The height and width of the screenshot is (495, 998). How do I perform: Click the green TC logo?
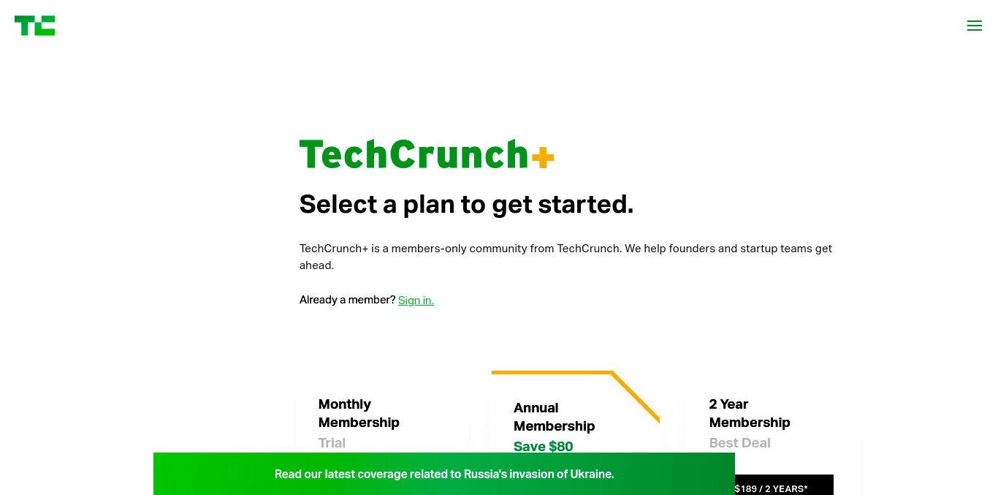click(35, 26)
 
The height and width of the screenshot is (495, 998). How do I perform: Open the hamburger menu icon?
click(975, 26)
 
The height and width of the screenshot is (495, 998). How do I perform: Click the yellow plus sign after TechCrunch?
click(543, 157)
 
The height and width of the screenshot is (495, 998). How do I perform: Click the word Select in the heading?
click(338, 204)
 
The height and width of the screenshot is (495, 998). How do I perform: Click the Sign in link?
click(416, 300)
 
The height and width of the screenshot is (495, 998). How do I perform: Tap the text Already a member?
click(347, 300)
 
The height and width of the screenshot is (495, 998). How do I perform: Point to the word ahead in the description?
click(316, 265)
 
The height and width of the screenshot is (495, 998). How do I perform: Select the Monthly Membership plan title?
click(359, 413)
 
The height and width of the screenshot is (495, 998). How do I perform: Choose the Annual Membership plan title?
click(554, 417)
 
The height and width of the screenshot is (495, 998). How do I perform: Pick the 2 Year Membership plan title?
click(750, 413)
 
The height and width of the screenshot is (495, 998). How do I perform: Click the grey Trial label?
click(332, 443)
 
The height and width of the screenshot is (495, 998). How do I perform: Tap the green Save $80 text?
click(543, 446)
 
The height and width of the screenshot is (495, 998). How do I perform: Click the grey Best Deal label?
click(739, 443)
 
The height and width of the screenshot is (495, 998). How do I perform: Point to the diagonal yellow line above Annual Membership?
click(636, 396)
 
